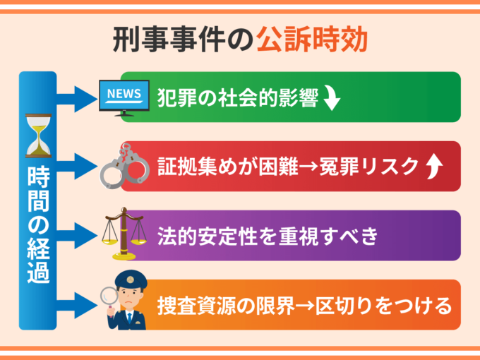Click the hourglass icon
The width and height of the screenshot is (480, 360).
[x=38, y=135]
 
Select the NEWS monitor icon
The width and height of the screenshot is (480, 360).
[x=124, y=97]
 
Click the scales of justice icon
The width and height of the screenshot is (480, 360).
[x=123, y=233]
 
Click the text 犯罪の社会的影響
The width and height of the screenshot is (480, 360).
[x=237, y=97]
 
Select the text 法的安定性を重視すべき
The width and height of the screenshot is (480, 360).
[x=259, y=235]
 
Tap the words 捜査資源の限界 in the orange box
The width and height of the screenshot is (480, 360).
[x=220, y=306]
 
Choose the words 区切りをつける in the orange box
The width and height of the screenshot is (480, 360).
[x=380, y=306]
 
